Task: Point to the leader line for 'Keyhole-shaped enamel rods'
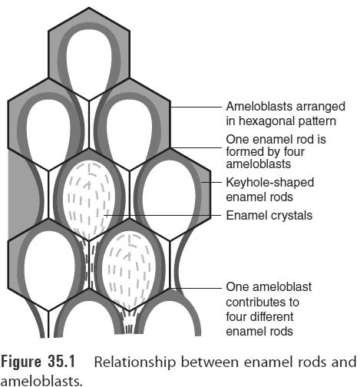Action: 215,183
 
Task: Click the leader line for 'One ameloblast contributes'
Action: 192,288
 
